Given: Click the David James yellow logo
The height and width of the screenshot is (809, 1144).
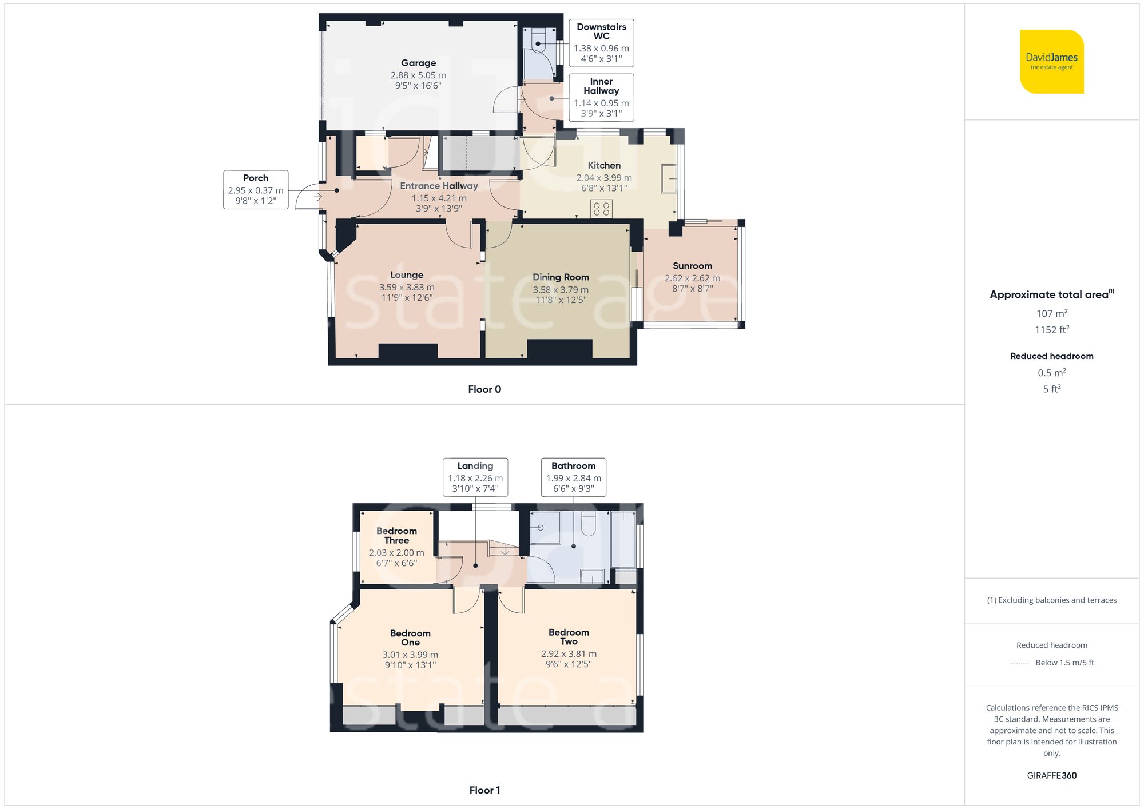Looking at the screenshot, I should click(1051, 62).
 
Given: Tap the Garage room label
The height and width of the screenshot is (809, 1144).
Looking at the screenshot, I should click(418, 63).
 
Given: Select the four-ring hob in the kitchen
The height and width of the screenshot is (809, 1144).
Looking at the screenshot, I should click(601, 209).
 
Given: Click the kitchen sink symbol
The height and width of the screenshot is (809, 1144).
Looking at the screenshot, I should click(669, 178).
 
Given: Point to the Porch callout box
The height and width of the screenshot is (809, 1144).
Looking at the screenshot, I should click(256, 189).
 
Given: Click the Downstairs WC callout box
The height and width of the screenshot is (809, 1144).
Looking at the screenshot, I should click(601, 42).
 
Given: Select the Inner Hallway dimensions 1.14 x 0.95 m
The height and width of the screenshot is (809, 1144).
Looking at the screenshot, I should click(601, 103).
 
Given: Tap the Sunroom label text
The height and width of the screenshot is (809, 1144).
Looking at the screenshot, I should click(692, 266).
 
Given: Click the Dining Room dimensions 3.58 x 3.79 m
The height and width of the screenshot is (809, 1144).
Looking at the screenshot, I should click(561, 290).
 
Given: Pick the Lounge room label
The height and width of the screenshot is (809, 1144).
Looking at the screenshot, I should click(407, 275).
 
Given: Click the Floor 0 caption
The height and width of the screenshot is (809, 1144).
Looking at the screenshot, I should click(484, 389).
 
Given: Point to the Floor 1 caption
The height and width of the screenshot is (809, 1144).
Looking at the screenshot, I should click(484, 790).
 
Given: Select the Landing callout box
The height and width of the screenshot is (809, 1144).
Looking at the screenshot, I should click(475, 477).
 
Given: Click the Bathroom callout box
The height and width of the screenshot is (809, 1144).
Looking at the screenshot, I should click(573, 477).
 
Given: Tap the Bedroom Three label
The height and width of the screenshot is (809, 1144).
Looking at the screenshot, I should click(396, 535).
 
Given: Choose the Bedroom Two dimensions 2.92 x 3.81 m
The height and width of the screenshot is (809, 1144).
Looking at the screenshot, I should click(569, 653).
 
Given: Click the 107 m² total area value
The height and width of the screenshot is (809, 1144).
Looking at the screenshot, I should click(1051, 313).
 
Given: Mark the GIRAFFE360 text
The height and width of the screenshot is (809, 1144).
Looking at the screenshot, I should click(1051, 775).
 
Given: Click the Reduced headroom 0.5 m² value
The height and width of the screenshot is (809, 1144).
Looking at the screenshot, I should click(1051, 373).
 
